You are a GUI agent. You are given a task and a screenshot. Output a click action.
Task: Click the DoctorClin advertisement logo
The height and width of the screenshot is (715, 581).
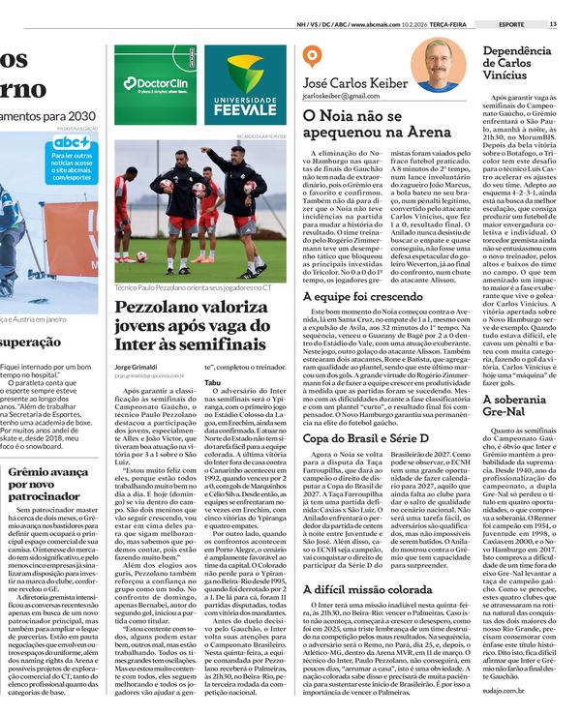[154, 83]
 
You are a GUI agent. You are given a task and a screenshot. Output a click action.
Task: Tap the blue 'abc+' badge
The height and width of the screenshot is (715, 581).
[72, 142]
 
